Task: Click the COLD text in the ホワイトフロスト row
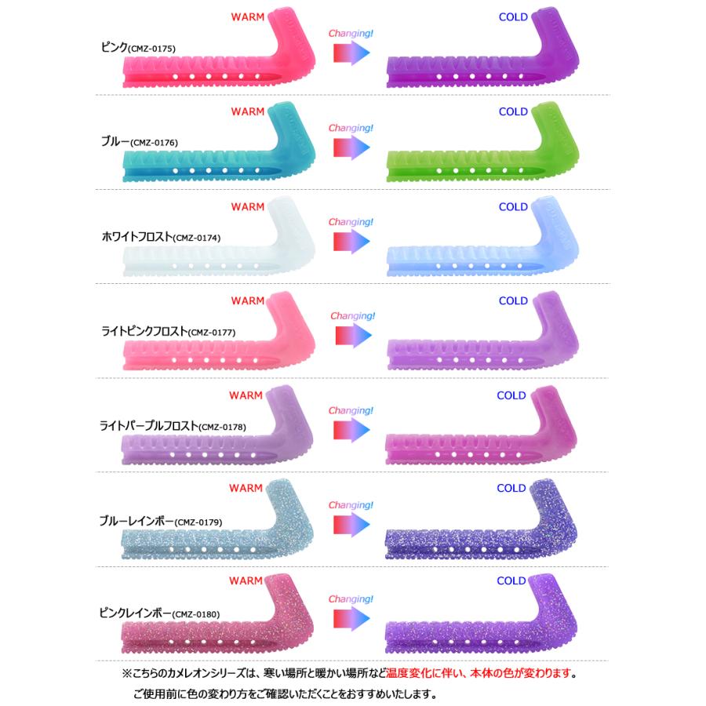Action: [x=513, y=207]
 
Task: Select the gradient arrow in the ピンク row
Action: [x=351, y=53]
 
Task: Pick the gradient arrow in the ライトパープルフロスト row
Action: [x=351, y=429]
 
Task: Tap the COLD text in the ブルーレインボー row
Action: [x=511, y=488]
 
